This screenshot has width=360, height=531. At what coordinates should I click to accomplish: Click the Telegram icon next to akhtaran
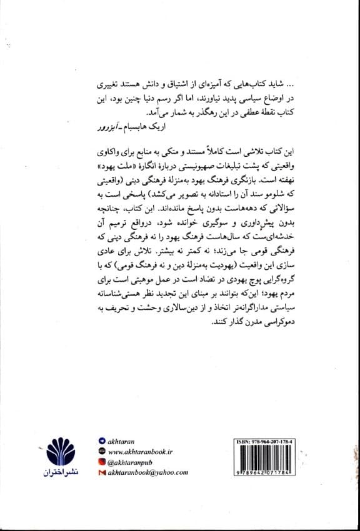pyautogui.click(x=102, y=440)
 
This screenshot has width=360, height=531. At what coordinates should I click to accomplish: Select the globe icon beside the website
pyautogui.click(x=102, y=451)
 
